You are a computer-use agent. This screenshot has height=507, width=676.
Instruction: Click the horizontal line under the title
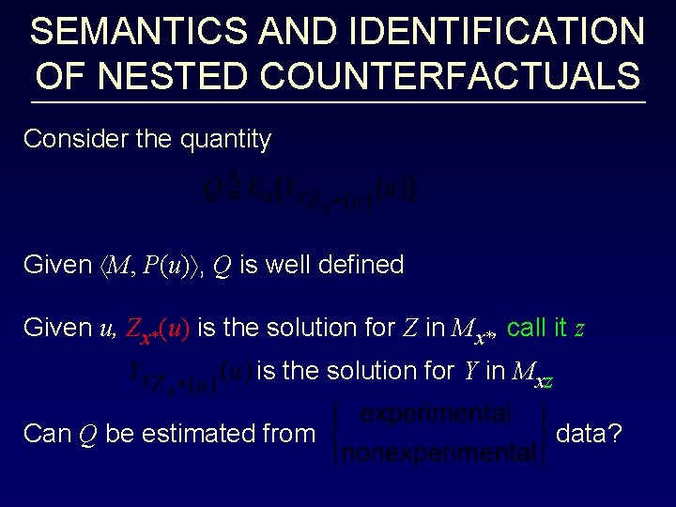coord(338,101)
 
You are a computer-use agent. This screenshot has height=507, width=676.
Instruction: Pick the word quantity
coord(224,140)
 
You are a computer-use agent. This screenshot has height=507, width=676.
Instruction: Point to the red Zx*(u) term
coord(158,330)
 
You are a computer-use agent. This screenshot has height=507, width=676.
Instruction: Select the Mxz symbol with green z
coord(532,373)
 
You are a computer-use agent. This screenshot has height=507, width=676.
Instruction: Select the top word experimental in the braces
coord(437,414)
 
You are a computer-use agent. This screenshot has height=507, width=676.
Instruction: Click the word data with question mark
coord(589,434)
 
